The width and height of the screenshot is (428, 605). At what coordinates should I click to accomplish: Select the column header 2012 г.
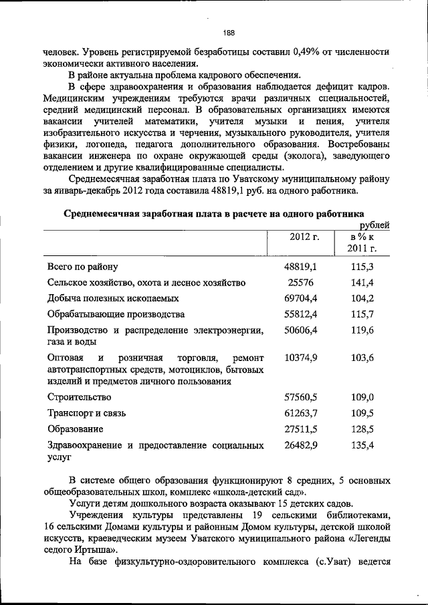click(x=304, y=237)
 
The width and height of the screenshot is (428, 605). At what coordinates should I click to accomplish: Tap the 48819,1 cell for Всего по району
click(x=300, y=266)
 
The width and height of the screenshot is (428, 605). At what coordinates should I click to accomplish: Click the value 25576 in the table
click(x=300, y=282)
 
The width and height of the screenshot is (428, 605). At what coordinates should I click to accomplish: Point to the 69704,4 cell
click(x=300, y=298)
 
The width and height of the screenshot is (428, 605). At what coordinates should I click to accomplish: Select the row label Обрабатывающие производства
click(x=116, y=314)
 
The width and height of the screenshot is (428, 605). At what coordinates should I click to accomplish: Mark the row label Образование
click(x=76, y=429)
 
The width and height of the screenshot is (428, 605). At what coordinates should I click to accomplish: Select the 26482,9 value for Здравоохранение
click(x=300, y=445)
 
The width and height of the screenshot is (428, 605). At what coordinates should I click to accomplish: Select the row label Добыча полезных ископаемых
click(x=113, y=298)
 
